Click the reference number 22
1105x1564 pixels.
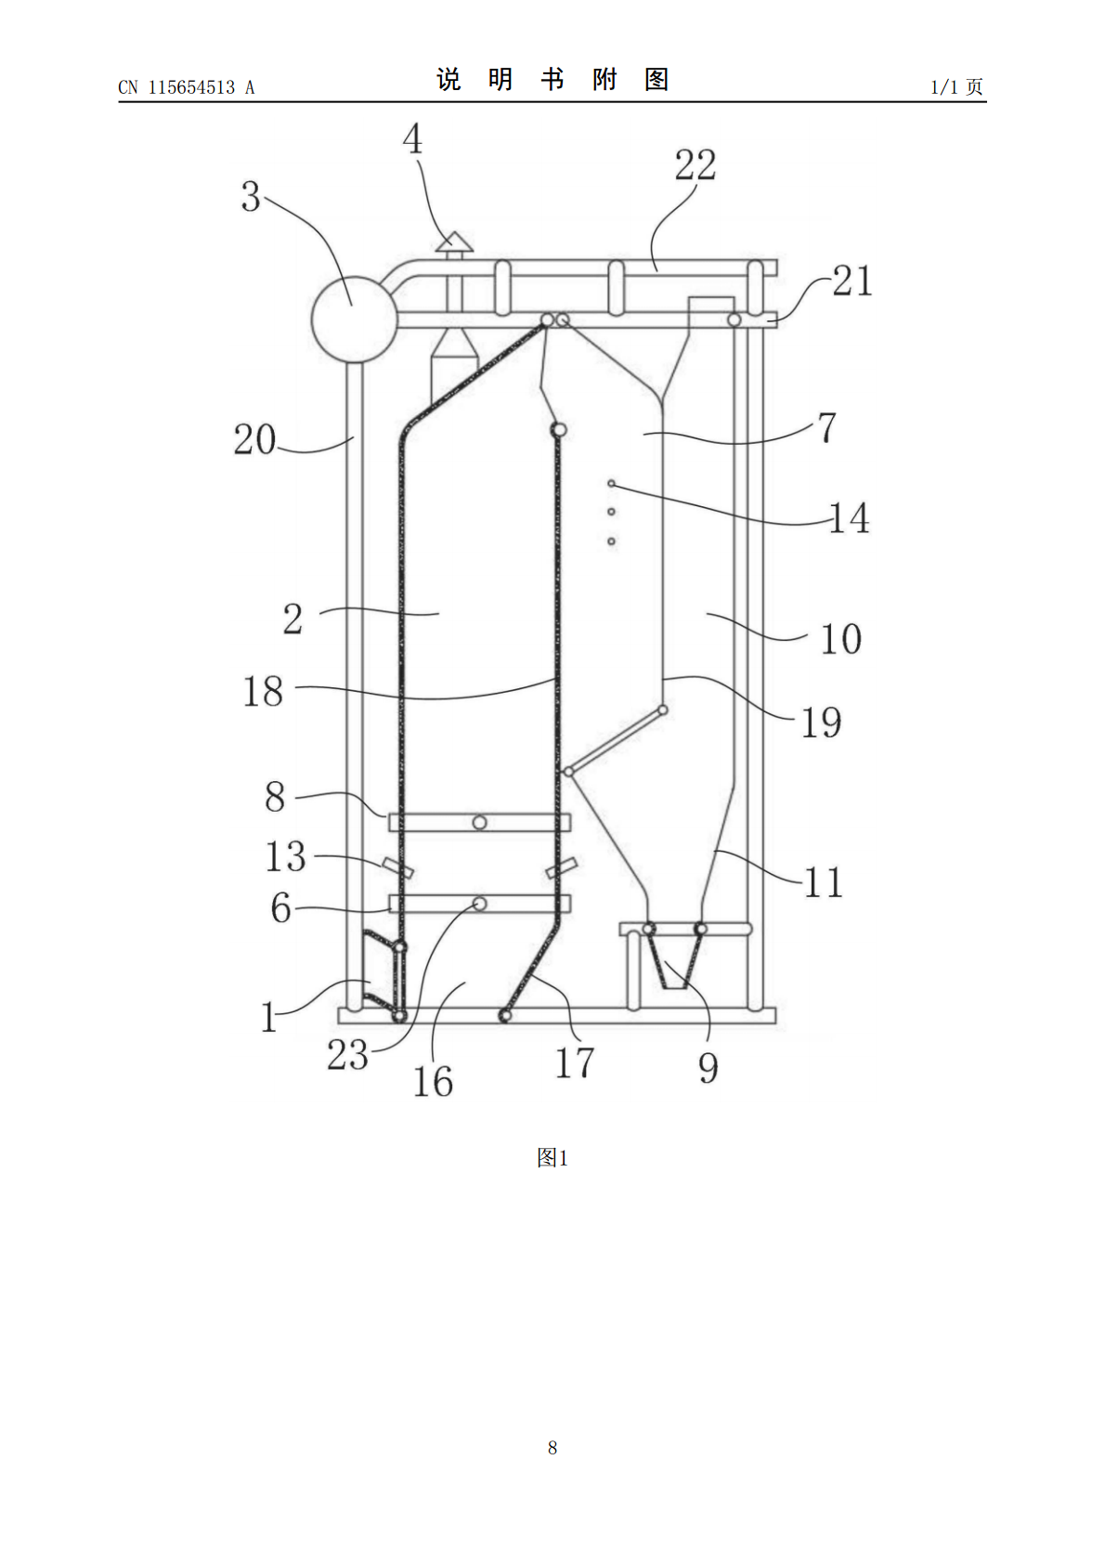(x=695, y=165)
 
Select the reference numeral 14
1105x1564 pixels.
(x=849, y=518)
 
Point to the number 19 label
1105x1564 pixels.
(x=821, y=722)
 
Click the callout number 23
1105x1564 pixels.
(x=347, y=1054)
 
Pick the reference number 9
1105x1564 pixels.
(x=708, y=1067)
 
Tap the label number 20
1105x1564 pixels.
(x=254, y=440)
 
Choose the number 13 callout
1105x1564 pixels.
(x=285, y=856)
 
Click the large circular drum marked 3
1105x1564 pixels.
(x=354, y=319)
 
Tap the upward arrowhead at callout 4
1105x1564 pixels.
(x=454, y=241)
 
